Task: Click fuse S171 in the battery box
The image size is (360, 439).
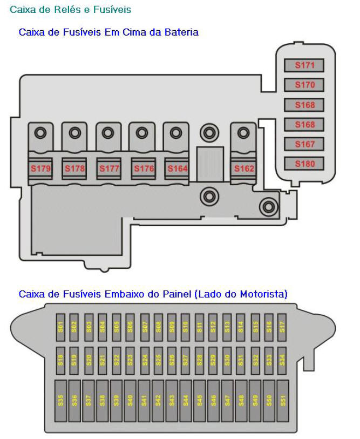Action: click(304, 65)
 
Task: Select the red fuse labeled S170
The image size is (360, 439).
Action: click(304, 85)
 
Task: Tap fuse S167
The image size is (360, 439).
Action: click(304, 144)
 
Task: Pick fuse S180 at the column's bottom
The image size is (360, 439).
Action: click(304, 164)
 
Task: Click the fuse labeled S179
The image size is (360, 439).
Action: click(40, 168)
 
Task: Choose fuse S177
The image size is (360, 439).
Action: click(109, 168)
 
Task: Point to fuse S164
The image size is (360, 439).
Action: click(176, 168)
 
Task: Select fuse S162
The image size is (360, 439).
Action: click(243, 168)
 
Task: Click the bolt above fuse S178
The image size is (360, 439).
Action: click(74, 132)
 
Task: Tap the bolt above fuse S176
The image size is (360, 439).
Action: click(142, 132)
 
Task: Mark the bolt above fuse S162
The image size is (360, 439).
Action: click(243, 132)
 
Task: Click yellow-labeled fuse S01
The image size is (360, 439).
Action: click(60, 327)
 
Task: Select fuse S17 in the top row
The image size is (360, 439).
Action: click(282, 327)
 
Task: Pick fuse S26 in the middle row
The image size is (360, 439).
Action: click(172, 361)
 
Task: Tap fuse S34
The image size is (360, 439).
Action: click(282, 361)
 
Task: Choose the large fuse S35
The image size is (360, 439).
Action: click(60, 401)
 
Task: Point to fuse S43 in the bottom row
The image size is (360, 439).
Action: click(172, 401)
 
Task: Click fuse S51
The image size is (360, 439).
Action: click(283, 401)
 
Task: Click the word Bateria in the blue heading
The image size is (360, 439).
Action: click(181, 32)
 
